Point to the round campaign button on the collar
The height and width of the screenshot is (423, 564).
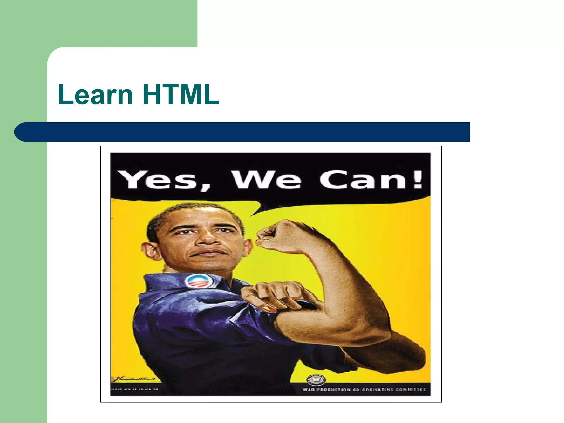pos(199,281)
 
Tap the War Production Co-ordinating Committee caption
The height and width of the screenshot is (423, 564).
pos(364,389)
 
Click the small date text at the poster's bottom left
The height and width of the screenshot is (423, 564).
pos(134,389)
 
